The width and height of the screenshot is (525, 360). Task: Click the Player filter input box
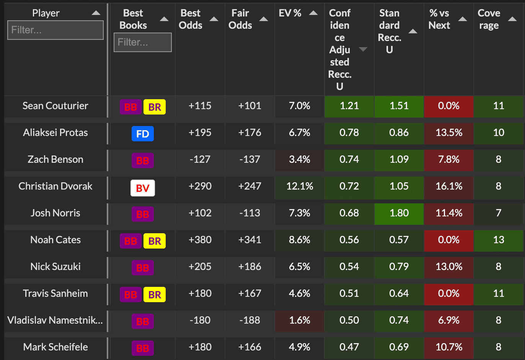tap(55, 30)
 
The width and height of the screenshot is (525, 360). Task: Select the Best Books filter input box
tap(142, 42)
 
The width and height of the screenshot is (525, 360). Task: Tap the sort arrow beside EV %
tap(313, 13)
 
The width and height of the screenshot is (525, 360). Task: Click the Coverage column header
tap(489, 19)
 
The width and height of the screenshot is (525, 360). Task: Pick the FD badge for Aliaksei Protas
tap(142, 134)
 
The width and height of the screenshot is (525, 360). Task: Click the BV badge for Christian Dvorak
tap(142, 188)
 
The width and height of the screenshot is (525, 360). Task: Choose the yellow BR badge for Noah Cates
tap(155, 241)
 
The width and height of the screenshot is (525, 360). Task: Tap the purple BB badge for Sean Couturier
tap(130, 107)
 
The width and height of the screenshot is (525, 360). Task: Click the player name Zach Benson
tap(55, 159)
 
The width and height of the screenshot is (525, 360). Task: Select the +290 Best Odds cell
tap(200, 186)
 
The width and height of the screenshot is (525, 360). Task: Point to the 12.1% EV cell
tap(300, 186)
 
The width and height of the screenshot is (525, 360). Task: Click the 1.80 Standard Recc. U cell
tap(399, 213)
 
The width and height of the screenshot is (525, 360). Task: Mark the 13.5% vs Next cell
tap(449, 133)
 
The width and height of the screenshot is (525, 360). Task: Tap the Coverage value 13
tap(499, 240)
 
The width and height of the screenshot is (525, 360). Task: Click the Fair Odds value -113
tap(250, 213)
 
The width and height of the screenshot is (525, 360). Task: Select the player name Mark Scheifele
tap(55, 347)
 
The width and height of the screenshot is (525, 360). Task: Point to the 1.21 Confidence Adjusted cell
tap(349, 106)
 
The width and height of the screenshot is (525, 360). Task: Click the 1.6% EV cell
tap(300, 320)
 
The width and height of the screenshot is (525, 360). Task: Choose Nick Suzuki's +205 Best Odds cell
tap(200, 267)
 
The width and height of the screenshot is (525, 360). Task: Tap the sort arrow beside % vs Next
tap(463, 19)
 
